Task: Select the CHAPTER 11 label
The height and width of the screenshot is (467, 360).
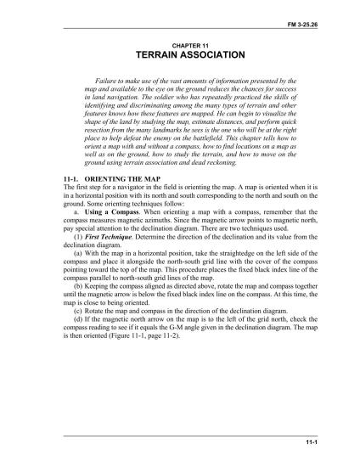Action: [179, 43]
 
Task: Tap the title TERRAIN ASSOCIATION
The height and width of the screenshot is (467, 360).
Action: [179, 54]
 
